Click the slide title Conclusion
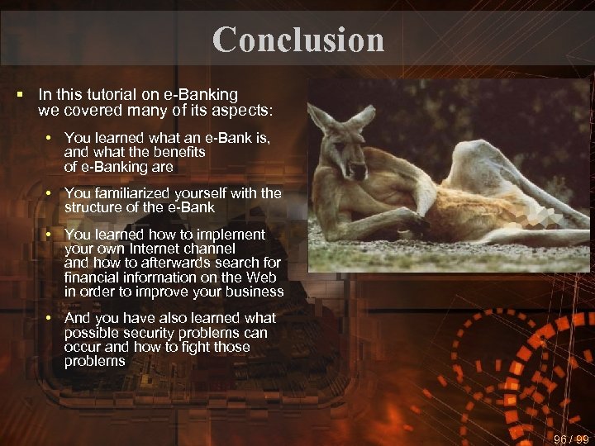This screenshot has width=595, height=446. pyautogui.click(x=298, y=40)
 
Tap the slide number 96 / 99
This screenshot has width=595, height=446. pyautogui.click(x=569, y=439)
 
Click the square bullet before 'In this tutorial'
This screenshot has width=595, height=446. pyautogui.click(x=20, y=96)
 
